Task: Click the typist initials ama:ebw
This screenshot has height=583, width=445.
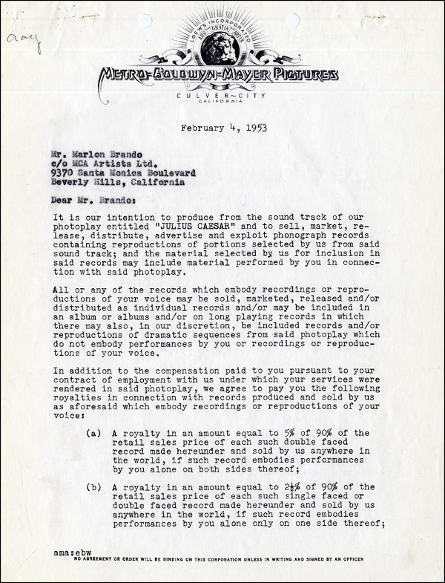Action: click(72, 553)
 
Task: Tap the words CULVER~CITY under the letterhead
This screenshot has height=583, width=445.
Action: click(222, 97)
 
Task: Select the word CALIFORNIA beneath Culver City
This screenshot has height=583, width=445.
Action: click(222, 105)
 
